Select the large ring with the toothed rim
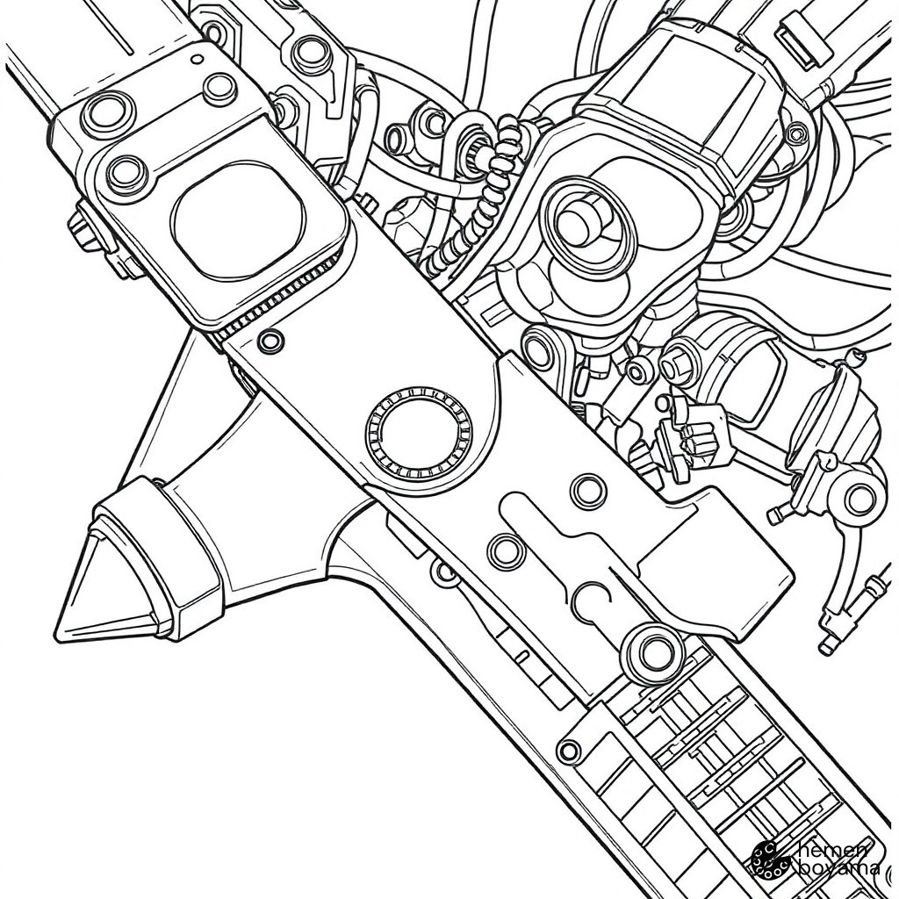click(x=419, y=431)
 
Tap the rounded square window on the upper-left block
click(x=238, y=220)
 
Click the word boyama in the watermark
click(x=838, y=868)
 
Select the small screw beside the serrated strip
click(x=270, y=342)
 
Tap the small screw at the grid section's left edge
click(x=569, y=751)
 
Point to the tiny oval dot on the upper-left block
click(x=198, y=59)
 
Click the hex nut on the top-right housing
click(x=796, y=135)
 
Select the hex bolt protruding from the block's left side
click(x=86, y=229)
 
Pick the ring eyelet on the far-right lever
click(x=860, y=499)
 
